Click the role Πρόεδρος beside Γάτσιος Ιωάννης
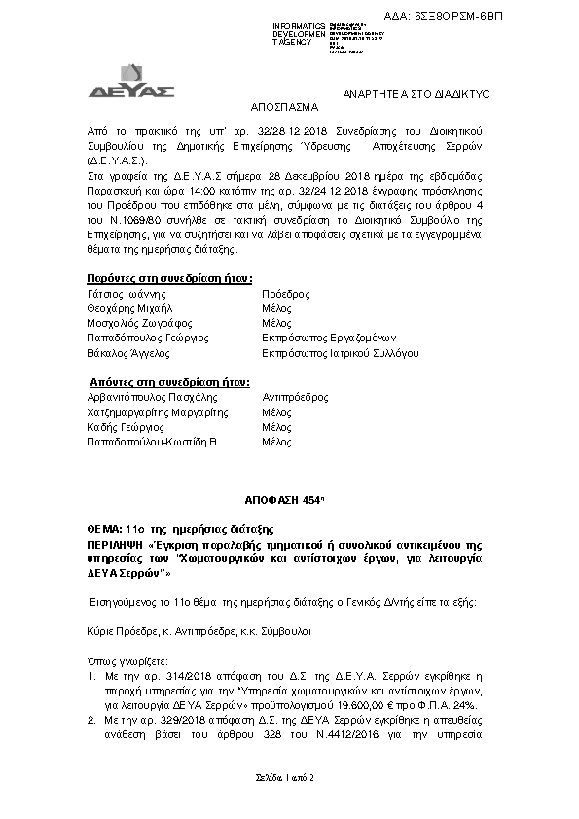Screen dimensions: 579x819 (x=286, y=293)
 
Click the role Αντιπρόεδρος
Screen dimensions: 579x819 (x=295, y=398)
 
